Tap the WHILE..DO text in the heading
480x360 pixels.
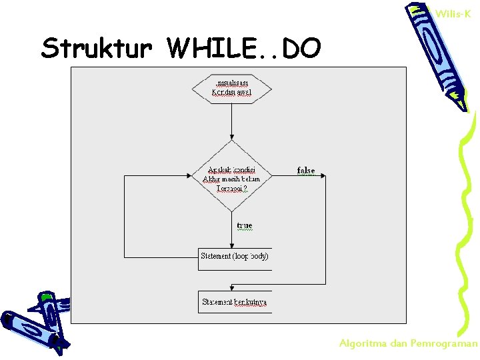(x=245, y=48)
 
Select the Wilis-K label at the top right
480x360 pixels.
(x=453, y=13)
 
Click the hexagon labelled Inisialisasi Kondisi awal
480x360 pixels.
(x=231, y=87)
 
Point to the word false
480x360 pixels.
(x=306, y=171)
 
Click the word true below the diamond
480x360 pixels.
(x=245, y=226)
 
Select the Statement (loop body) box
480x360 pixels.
(x=235, y=257)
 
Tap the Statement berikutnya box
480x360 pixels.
(x=235, y=302)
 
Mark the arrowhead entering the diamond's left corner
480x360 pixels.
(x=189, y=177)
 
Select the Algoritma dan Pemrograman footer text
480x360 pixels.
(x=409, y=343)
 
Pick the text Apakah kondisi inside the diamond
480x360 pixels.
(x=231, y=169)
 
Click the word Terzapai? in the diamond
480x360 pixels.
(x=231, y=189)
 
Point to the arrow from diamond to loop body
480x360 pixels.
(x=231, y=230)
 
